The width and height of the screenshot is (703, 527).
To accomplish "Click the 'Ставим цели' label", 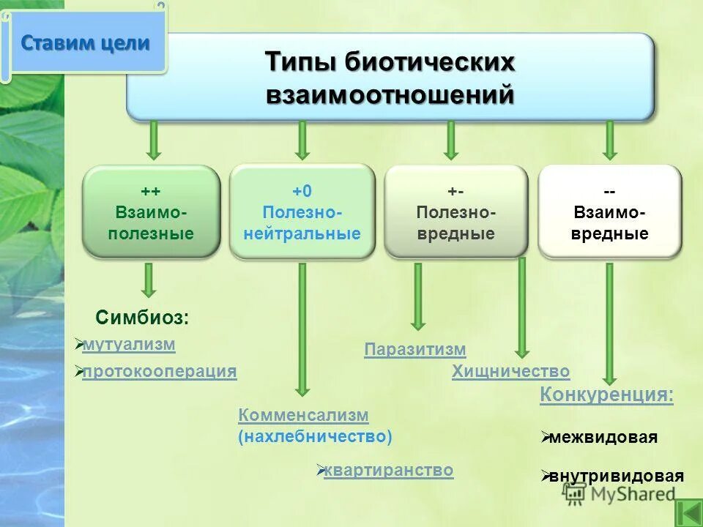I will [x=85, y=43].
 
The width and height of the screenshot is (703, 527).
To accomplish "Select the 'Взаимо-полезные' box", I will [x=151, y=212].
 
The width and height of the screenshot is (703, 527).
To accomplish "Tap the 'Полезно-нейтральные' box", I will [x=302, y=212].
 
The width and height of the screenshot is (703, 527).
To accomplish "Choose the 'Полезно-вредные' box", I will [x=455, y=212].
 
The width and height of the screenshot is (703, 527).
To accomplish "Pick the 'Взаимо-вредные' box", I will [x=609, y=212].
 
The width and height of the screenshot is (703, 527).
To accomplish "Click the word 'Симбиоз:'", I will [x=142, y=318].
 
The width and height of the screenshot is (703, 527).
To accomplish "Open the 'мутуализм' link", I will [x=129, y=344].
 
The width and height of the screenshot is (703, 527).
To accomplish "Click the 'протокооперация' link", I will [x=160, y=372].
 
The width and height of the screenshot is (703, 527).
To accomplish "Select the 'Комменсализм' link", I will [x=303, y=415].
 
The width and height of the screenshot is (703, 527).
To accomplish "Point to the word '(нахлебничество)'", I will [x=315, y=437].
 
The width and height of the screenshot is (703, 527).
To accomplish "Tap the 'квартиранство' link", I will [x=388, y=471].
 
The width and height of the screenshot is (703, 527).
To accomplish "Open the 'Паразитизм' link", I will [x=414, y=350].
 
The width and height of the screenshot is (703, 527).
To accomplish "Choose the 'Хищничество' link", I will [x=510, y=371].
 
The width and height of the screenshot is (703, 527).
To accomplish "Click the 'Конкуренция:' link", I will [x=606, y=395].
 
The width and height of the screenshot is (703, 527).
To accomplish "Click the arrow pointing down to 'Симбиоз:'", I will [x=149, y=280].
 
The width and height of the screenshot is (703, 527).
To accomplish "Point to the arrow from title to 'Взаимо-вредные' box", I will [x=609, y=141].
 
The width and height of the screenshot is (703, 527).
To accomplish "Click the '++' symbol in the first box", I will [x=151, y=191].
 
